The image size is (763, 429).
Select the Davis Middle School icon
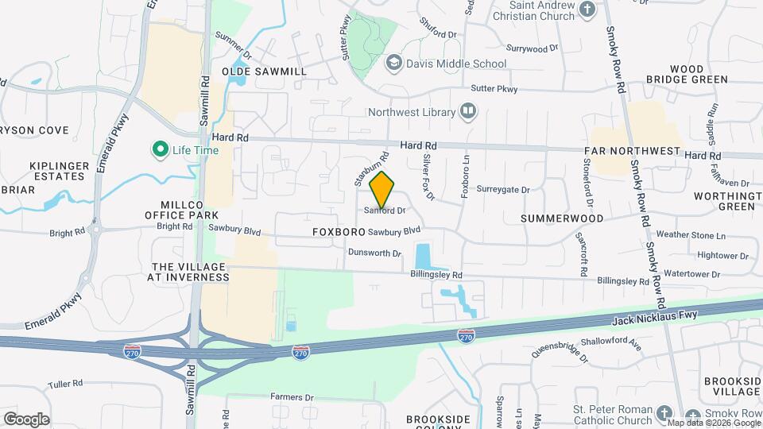[x=393, y=63]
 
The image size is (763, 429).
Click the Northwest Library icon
[x=468, y=112]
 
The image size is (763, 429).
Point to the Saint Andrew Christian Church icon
[x=587, y=10]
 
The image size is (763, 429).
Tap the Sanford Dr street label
[x=385, y=211]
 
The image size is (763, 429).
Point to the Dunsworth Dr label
[x=374, y=253]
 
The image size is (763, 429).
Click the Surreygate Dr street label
[x=503, y=190]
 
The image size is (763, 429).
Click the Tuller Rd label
[x=65, y=384]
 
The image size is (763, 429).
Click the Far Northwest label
[x=633, y=151]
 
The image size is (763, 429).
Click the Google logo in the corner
[x=26, y=419]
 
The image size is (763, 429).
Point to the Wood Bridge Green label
[x=676, y=75]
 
